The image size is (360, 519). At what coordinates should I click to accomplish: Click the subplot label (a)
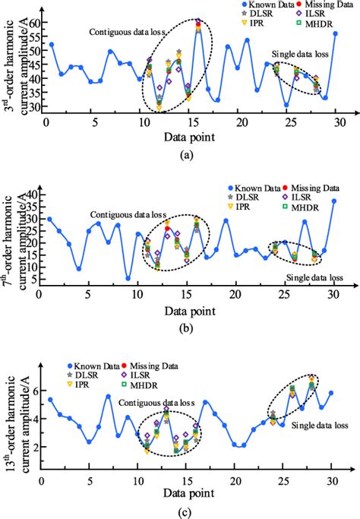[185, 153]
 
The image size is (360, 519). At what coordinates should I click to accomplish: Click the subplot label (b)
[185, 325]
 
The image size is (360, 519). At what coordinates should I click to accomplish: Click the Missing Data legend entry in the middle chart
[311, 186]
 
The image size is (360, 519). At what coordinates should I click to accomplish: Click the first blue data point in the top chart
[51, 45]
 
